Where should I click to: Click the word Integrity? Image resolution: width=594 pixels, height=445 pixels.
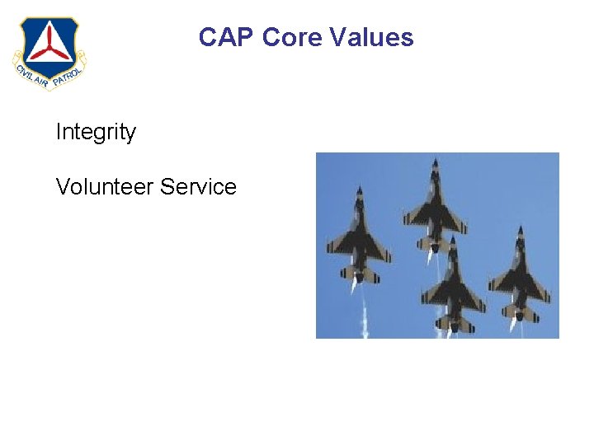tap(96, 132)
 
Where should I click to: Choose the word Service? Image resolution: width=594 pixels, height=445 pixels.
tap(199, 187)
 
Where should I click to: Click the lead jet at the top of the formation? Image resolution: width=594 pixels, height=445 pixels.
tap(433, 206)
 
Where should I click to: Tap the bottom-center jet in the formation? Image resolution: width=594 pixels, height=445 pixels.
tap(451, 284)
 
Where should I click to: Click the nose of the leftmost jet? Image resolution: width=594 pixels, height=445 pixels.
tap(359, 189)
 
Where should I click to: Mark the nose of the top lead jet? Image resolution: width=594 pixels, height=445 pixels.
tap(434, 160)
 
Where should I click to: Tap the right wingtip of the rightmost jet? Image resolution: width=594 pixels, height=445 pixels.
tap(549, 298)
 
